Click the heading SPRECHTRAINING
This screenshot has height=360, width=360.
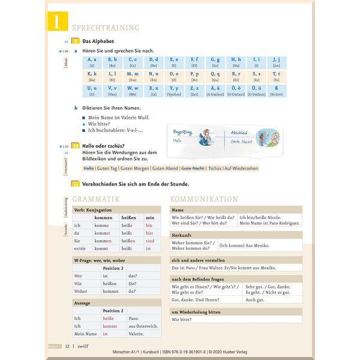tap(105, 28)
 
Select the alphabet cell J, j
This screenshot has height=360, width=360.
tap(276, 62)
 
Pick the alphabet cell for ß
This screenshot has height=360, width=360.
tap(276, 91)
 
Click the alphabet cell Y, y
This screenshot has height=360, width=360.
tap(174, 91)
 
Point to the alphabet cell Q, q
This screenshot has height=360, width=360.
tap(215, 76)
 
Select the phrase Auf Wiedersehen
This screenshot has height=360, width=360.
tap(241, 169)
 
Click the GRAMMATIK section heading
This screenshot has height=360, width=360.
tap(96, 199)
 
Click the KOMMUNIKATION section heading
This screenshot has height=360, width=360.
tap(204, 199)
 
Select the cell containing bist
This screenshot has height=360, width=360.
tap(149, 232)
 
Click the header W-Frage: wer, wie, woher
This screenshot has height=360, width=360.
tap(100, 260)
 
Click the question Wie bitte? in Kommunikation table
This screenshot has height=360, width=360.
tap(182, 320)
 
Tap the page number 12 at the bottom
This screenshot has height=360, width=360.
tap(68, 346)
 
